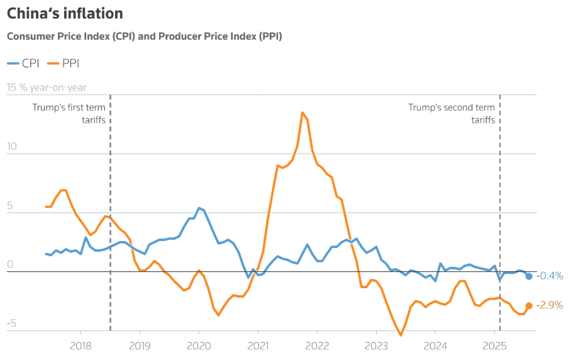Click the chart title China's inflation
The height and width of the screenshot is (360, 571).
pyautogui.click(x=65, y=13)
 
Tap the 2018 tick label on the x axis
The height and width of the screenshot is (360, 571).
pyautogui.click(x=80, y=345)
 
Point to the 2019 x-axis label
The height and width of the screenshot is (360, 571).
pyautogui.click(x=140, y=345)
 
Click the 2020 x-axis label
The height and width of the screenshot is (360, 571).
pyautogui.click(x=199, y=345)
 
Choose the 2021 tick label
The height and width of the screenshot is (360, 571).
pyautogui.click(x=258, y=345)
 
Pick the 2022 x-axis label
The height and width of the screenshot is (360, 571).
pyautogui.click(x=317, y=345)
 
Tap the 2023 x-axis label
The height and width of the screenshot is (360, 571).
pyautogui.click(x=376, y=345)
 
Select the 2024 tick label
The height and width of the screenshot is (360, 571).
pyautogui.click(x=435, y=345)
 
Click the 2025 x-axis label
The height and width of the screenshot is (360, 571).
pyautogui.click(x=494, y=345)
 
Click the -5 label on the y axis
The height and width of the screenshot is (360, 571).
pyautogui.click(x=11, y=324)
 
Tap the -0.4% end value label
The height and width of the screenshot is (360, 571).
pyautogui.click(x=550, y=276)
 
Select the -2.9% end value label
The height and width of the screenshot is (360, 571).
pyautogui.click(x=550, y=305)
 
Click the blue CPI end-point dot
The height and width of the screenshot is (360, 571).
pyautogui.click(x=529, y=276)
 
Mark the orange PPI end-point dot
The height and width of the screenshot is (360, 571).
pyautogui.click(x=529, y=305)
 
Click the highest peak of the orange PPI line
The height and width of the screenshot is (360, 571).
pyautogui.click(x=302, y=113)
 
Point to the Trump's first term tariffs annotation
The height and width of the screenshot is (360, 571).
pyautogui.click(x=69, y=113)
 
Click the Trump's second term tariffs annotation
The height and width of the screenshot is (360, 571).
pyautogui.click(x=452, y=113)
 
